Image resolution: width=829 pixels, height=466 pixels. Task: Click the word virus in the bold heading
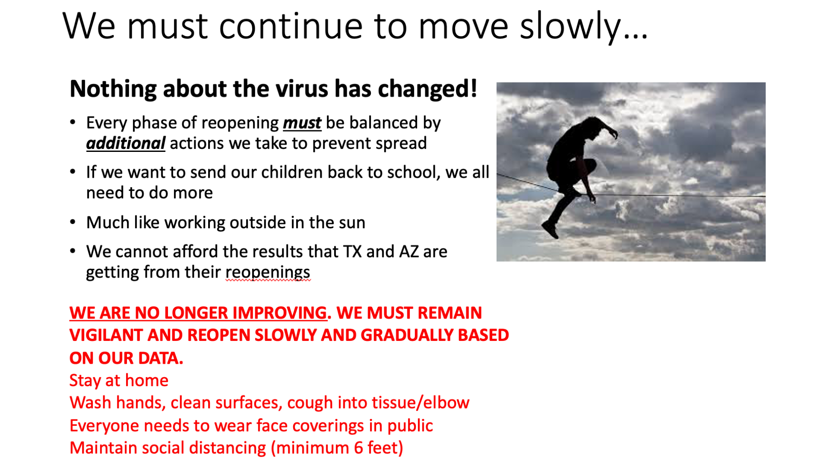(303, 88)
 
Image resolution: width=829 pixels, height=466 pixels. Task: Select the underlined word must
(302, 123)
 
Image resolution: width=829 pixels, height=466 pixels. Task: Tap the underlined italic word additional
(126, 143)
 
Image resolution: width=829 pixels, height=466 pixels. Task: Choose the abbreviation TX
(352, 252)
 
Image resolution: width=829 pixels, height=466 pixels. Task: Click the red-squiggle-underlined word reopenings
(268, 273)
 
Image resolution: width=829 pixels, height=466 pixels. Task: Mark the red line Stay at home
(119, 381)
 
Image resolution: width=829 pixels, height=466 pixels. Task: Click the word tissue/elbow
(421, 403)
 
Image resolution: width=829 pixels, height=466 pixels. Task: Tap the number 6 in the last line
(358, 448)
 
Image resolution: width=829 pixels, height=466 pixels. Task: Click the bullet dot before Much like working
(73, 223)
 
